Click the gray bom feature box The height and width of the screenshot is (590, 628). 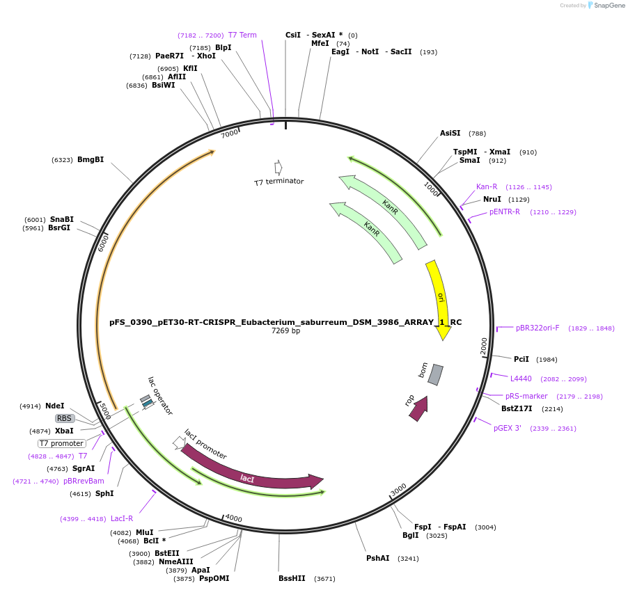pos(435,374)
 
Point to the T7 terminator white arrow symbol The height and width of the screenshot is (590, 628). pos(278,168)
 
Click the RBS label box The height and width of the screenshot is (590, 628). pos(65,418)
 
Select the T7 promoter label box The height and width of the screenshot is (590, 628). pos(62,443)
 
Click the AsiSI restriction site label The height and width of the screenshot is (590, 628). pos(450,133)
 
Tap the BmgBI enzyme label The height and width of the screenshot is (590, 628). pos(91,159)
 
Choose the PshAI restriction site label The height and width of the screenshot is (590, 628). pos(378,558)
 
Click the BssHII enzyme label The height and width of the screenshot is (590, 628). pos(292,578)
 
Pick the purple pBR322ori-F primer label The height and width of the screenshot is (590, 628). pos(537,328)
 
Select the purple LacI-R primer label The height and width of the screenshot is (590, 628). pos(122,518)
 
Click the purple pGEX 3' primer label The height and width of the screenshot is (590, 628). pos(508,428)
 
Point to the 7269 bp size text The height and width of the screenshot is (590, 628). pos(285,331)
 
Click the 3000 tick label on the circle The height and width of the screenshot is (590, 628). pos(398,491)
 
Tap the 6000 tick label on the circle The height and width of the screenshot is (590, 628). pos(104,243)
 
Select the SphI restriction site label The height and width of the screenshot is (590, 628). pos(105,493)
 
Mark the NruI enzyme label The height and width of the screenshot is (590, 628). pos(492,199)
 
